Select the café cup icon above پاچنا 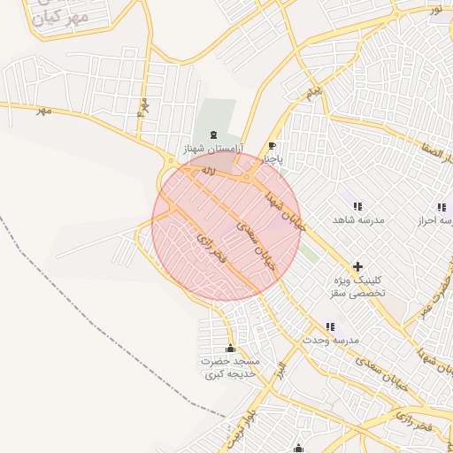pyautogui.click(x=272, y=147)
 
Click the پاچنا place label pyautogui.click(x=273, y=160)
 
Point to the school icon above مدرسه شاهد pyautogui.click(x=357, y=206)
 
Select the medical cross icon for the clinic pyautogui.click(x=357, y=265)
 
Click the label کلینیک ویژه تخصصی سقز pyautogui.click(x=357, y=285)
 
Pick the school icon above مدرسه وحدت pyautogui.click(x=331, y=327)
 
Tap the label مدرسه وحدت pyautogui.click(x=331, y=340)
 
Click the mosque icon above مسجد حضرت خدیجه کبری pyautogui.click(x=231, y=348)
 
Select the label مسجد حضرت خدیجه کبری pyautogui.click(x=229, y=368)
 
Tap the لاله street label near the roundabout pyautogui.click(x=209, y=168)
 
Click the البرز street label pyautogui.click(x=280, y=369)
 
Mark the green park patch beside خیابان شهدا pyautogui.click(x=308, y=253)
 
